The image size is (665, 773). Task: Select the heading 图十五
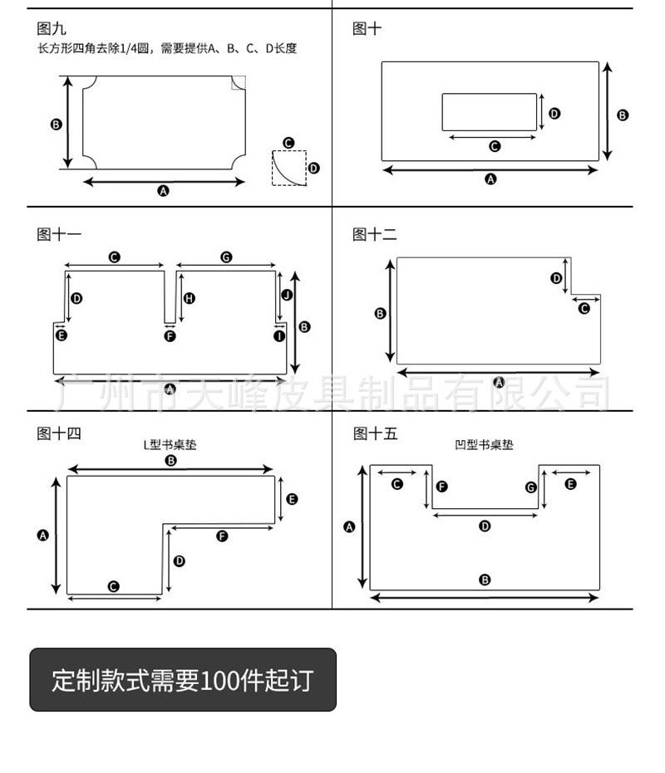[374, 433]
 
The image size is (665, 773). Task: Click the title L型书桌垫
[170, 445]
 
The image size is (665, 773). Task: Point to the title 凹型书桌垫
[485, 445]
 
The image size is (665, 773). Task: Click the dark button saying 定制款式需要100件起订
[183, 680]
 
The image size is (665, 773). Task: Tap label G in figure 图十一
[225, 257]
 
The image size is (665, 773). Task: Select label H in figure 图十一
[190, 298]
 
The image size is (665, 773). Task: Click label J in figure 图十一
[287, 295]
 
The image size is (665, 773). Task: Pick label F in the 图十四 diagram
[222, 536]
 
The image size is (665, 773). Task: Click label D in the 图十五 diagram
[485, 526]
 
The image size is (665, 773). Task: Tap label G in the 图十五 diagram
[531, 487]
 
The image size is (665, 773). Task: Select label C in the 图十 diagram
[495, 146]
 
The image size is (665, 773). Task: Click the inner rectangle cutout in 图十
[489, 111]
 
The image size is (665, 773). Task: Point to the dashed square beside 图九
[289, 168]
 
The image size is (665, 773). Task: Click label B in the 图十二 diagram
[381, 313]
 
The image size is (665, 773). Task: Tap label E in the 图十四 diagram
[292, 499]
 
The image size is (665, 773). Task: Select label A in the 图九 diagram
[164, 190]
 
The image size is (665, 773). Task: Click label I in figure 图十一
[279, 335]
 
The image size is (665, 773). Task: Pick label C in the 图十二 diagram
[584, 308]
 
